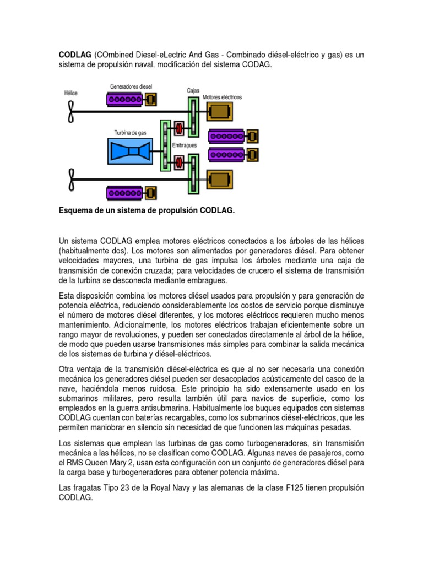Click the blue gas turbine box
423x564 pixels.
(133, 151)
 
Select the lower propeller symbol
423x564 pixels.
(70, 178)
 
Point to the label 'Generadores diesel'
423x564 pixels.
(131, 86)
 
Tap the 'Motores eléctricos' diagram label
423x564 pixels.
(222, 96)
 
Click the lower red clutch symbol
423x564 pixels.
(179, 162)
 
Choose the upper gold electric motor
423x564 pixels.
(219, 111)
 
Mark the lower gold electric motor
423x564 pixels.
(219, 179)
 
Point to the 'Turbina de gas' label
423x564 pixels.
(131, 132)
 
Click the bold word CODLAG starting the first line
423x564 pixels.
(75, 55)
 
